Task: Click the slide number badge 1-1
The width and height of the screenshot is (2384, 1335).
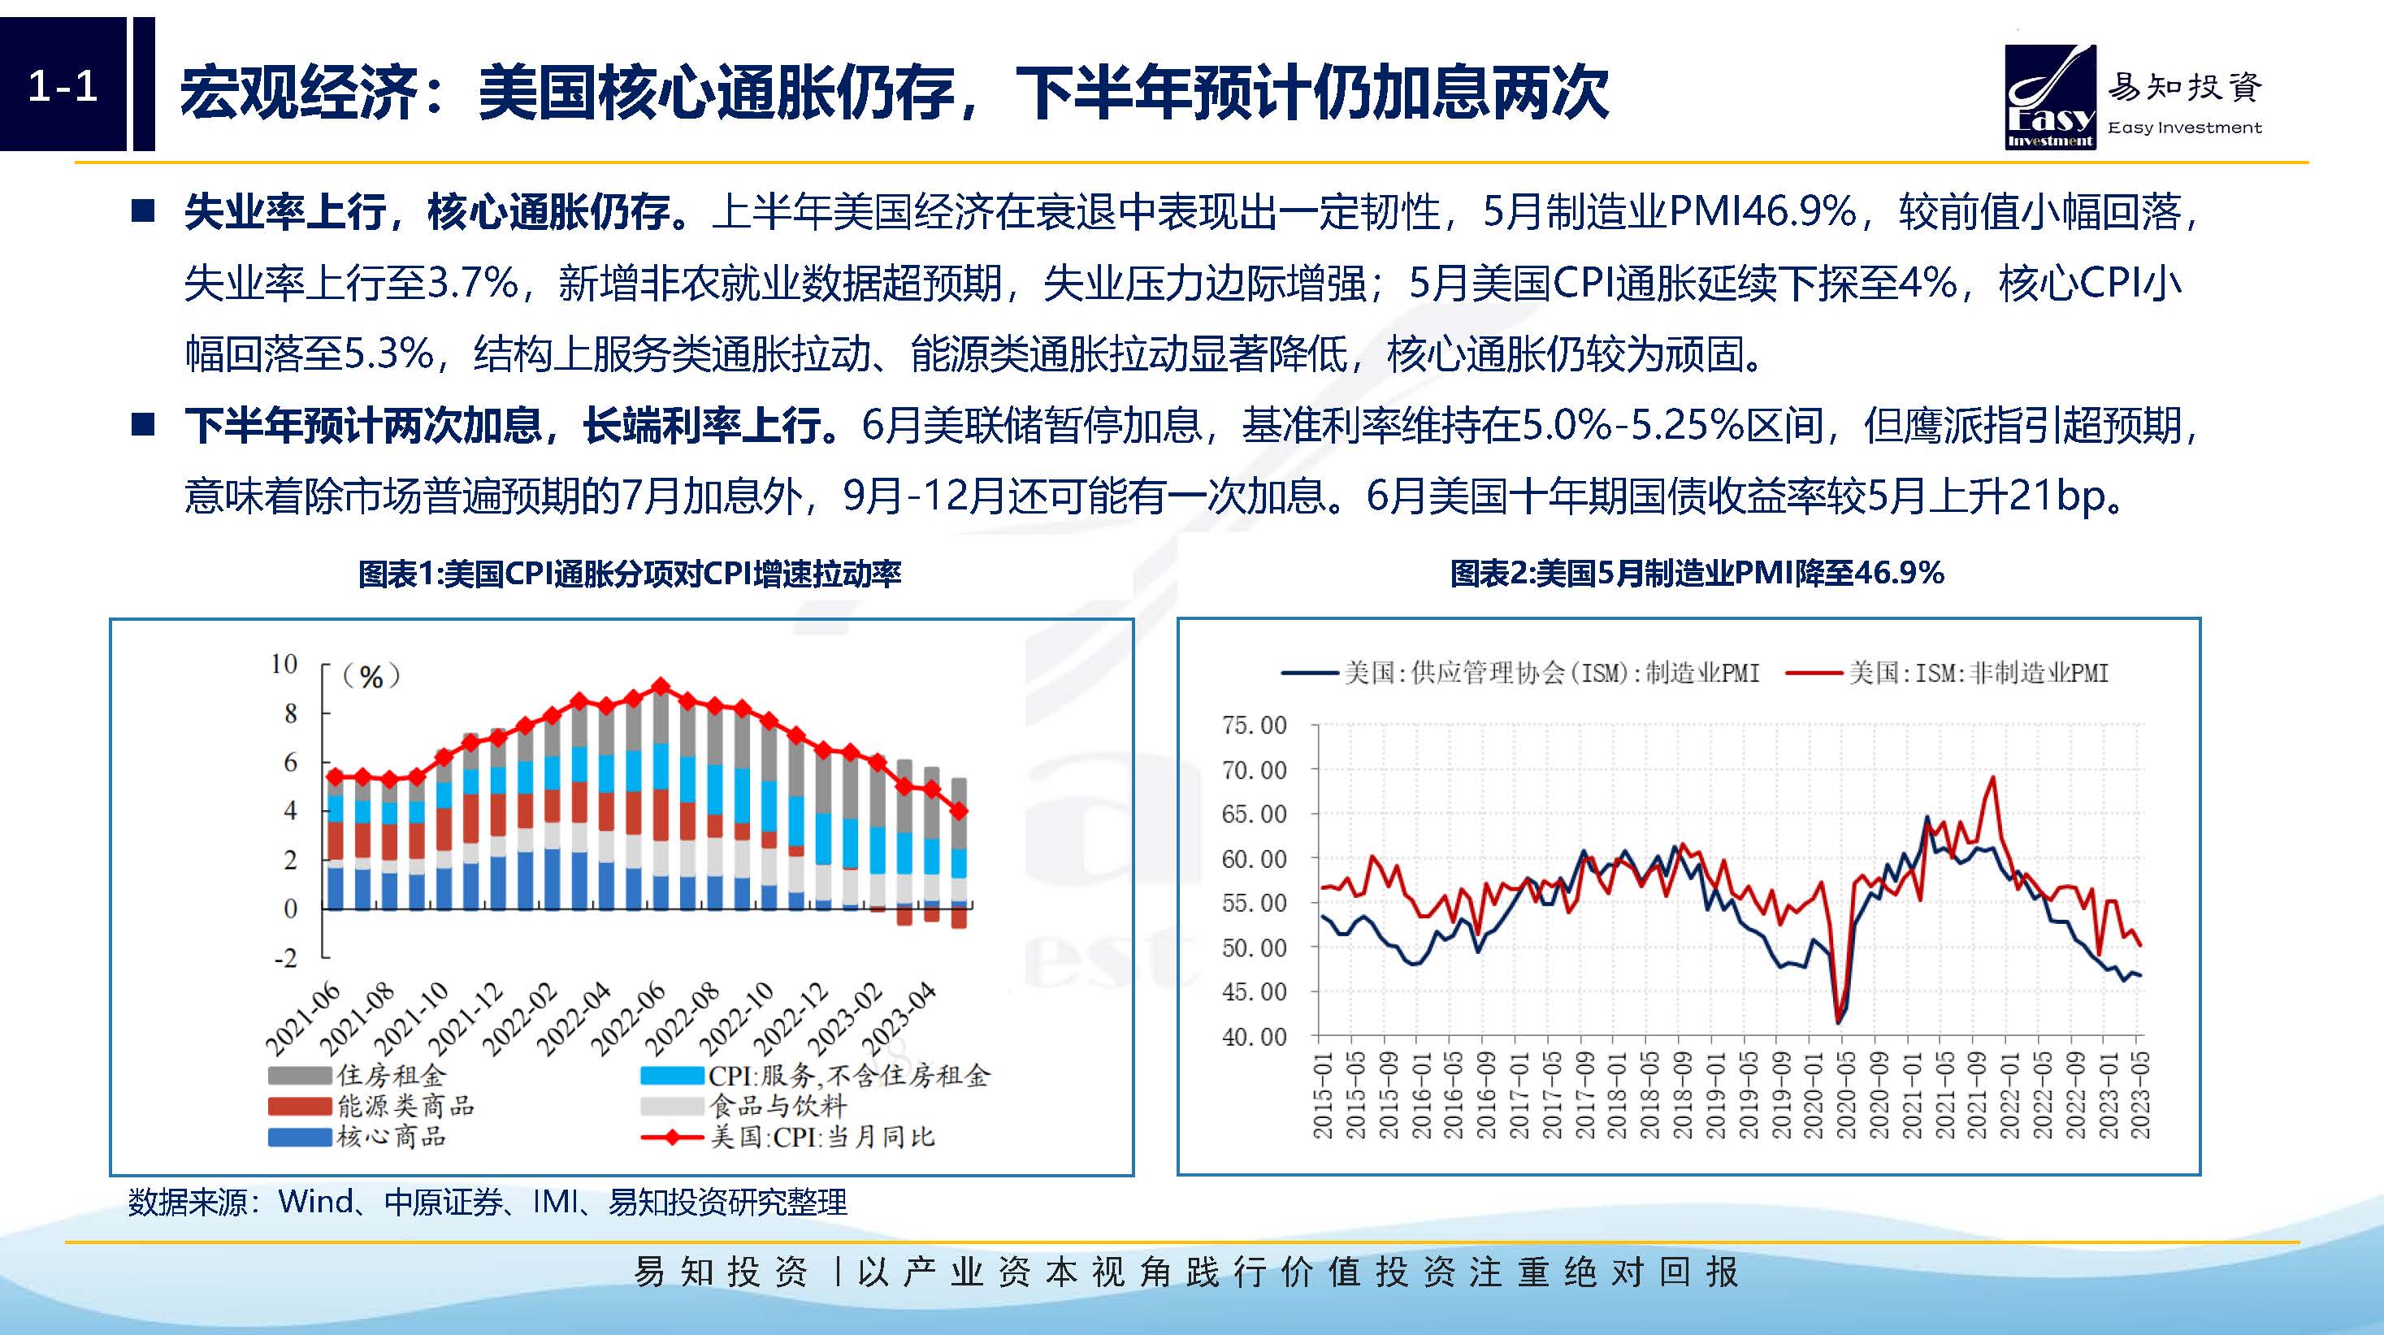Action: [63, 86]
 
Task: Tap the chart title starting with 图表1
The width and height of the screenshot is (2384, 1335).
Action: [630, 574]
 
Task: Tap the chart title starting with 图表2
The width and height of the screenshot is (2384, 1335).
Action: [1697, 574]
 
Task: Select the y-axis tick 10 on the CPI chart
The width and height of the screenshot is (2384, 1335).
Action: [284, 665]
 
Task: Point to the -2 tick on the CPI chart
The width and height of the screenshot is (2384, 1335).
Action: [286, 957]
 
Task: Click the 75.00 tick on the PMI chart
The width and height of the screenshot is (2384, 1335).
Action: [1254, 726]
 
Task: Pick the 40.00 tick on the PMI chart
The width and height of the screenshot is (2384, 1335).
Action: [1254, 1036]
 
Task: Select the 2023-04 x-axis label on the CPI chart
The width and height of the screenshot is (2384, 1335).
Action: [899, 1020]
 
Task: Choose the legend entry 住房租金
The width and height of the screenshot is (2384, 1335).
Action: [358, 1075]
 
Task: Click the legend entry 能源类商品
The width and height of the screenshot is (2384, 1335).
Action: [371, 1106]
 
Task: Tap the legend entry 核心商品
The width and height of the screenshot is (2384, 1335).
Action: [358, 1136]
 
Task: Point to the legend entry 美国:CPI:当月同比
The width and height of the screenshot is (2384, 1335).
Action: [787, 1136]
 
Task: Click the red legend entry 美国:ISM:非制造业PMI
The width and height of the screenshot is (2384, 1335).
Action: [1947, 673]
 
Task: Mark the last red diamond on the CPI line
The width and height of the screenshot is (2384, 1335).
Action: [960, 810]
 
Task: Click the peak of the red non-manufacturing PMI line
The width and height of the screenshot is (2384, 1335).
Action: [1992, 777]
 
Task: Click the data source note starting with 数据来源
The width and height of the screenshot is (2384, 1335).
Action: [488, 1202]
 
